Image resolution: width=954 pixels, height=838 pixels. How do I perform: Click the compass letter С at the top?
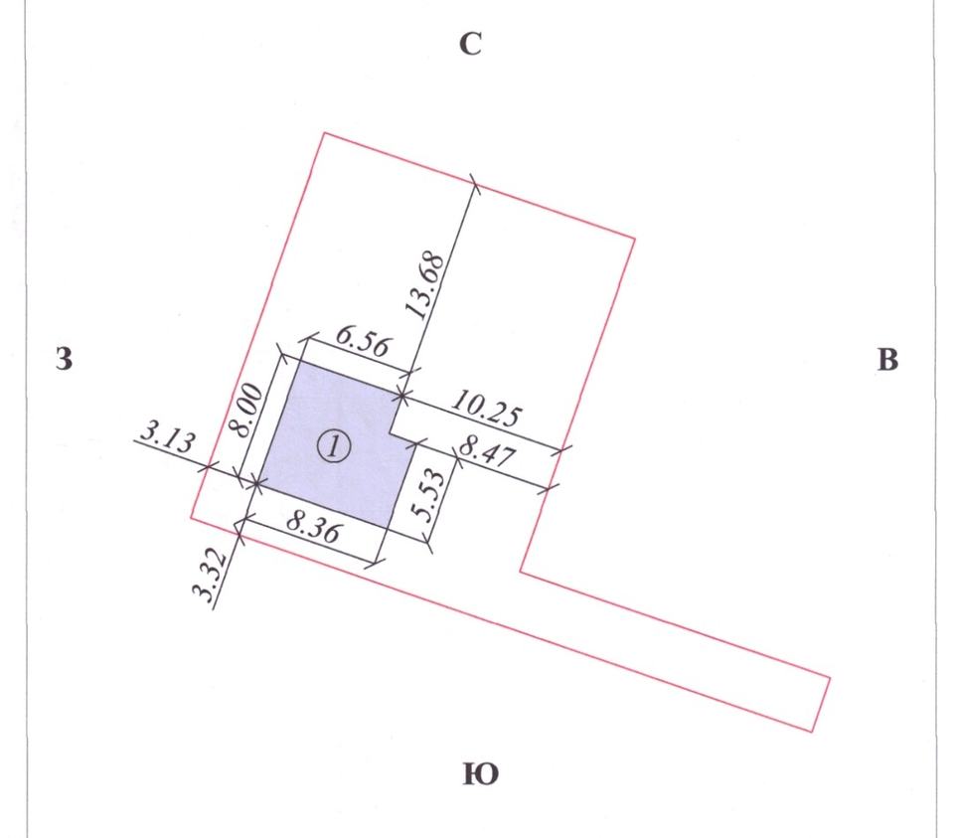click(471, 44)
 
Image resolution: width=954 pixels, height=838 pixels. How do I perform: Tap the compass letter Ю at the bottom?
click(481, 774)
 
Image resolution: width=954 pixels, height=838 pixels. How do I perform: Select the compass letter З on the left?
click(64, 359)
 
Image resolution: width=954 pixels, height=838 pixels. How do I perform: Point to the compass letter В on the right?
click(887, 360)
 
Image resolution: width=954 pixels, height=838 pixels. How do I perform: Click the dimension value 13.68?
click(427, 285)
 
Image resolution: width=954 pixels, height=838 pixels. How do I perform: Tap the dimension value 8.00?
click(249, 411)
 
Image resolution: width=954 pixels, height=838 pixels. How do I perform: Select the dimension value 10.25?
click(486, 409)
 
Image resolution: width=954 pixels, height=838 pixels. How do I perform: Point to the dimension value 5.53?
click(433, 495)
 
